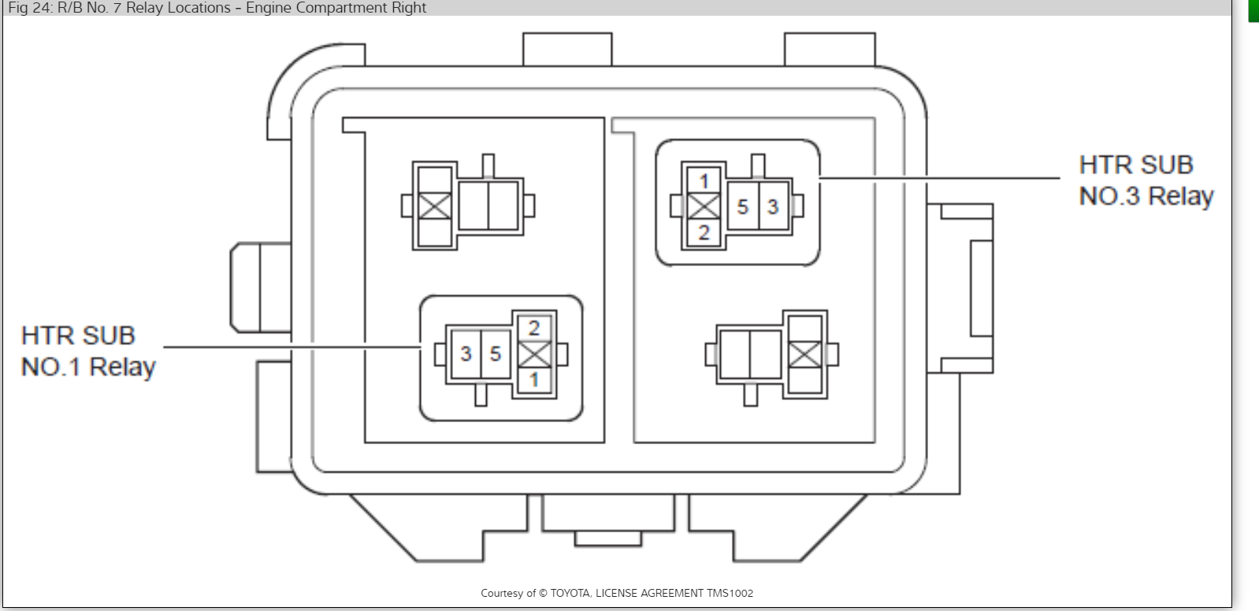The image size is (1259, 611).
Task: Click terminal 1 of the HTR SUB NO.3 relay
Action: click(x=704, y=181)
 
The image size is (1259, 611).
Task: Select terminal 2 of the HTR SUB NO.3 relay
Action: click(x=704, y=232)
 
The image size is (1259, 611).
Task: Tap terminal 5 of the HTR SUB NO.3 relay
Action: click(x=742, y=207)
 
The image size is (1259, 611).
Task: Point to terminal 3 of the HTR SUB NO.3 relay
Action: click(x=773, y=207)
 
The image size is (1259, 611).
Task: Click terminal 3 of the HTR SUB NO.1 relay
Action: click(x=466, y=354)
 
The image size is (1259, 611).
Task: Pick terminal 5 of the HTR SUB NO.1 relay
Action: click(x=496, y=354)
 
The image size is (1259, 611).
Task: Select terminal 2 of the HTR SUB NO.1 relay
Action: click(x=534, y=328)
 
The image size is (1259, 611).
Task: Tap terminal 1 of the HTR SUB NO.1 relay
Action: click(x=534, y=380)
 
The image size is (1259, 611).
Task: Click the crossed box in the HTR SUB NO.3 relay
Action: click(x=704, y=207)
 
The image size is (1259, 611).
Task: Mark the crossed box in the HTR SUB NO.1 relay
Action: click(x=534, y=354)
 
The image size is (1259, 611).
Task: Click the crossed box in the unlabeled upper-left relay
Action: click(x=435, y=206)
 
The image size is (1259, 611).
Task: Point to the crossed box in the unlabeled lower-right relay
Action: click(x=804, y=354)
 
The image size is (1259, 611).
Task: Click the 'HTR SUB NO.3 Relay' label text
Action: click(x=1146, y=180)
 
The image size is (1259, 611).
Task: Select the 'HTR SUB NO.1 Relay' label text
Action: click(x=88, y=351)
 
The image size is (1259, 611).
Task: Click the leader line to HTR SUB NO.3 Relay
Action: click(x=938, y=178)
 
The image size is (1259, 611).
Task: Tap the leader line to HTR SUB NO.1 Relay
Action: click(x=292, y=346)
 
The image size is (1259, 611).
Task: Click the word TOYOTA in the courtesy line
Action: click(x=570, y=593)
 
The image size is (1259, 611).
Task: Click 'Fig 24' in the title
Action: click(x=30, y=8)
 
